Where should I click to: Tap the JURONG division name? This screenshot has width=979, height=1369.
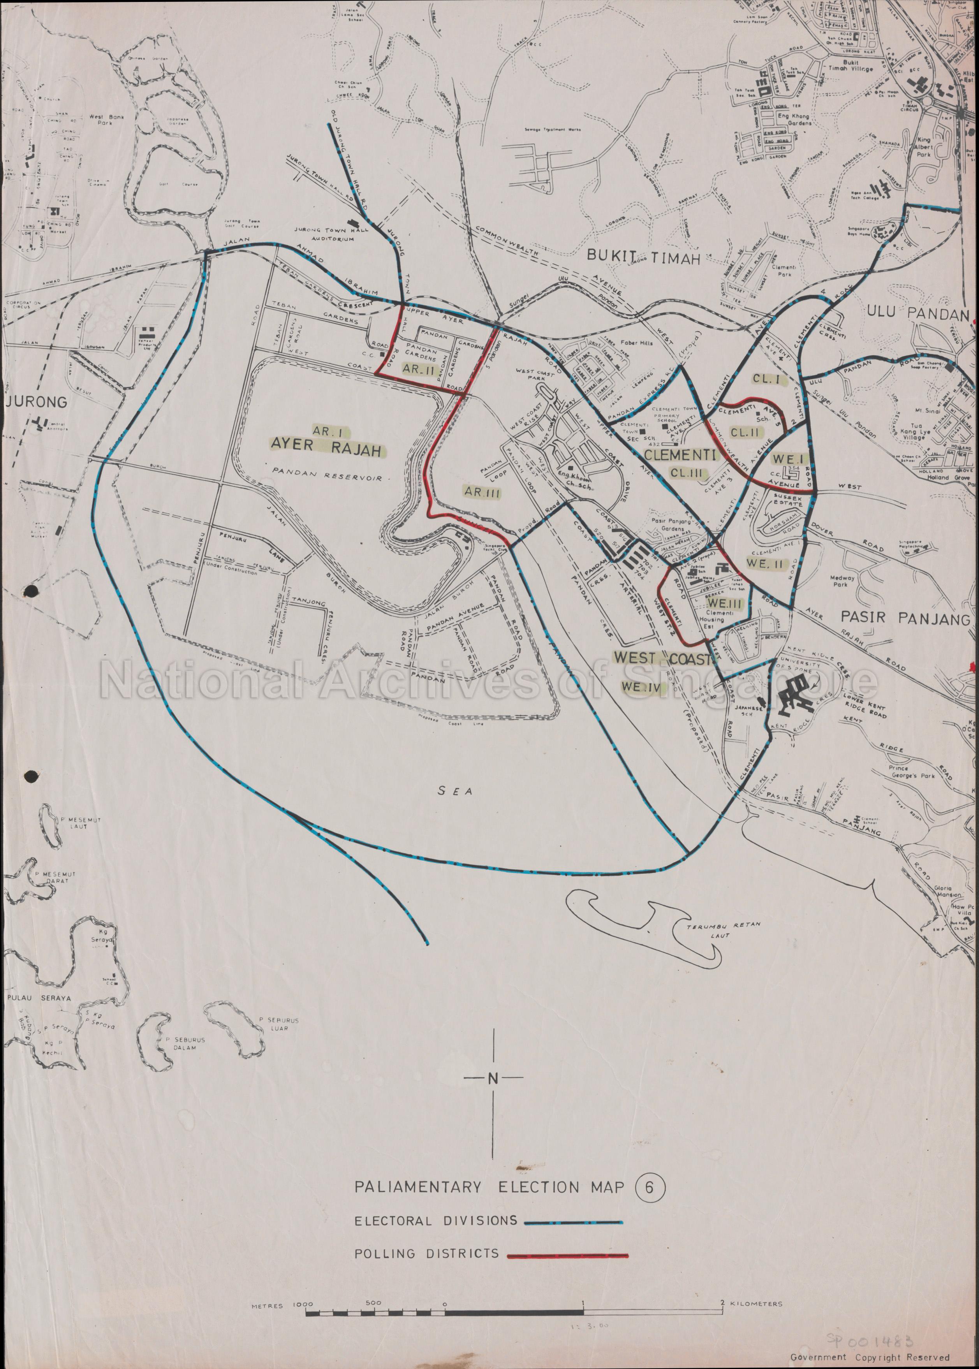click(x=35, y=402)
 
